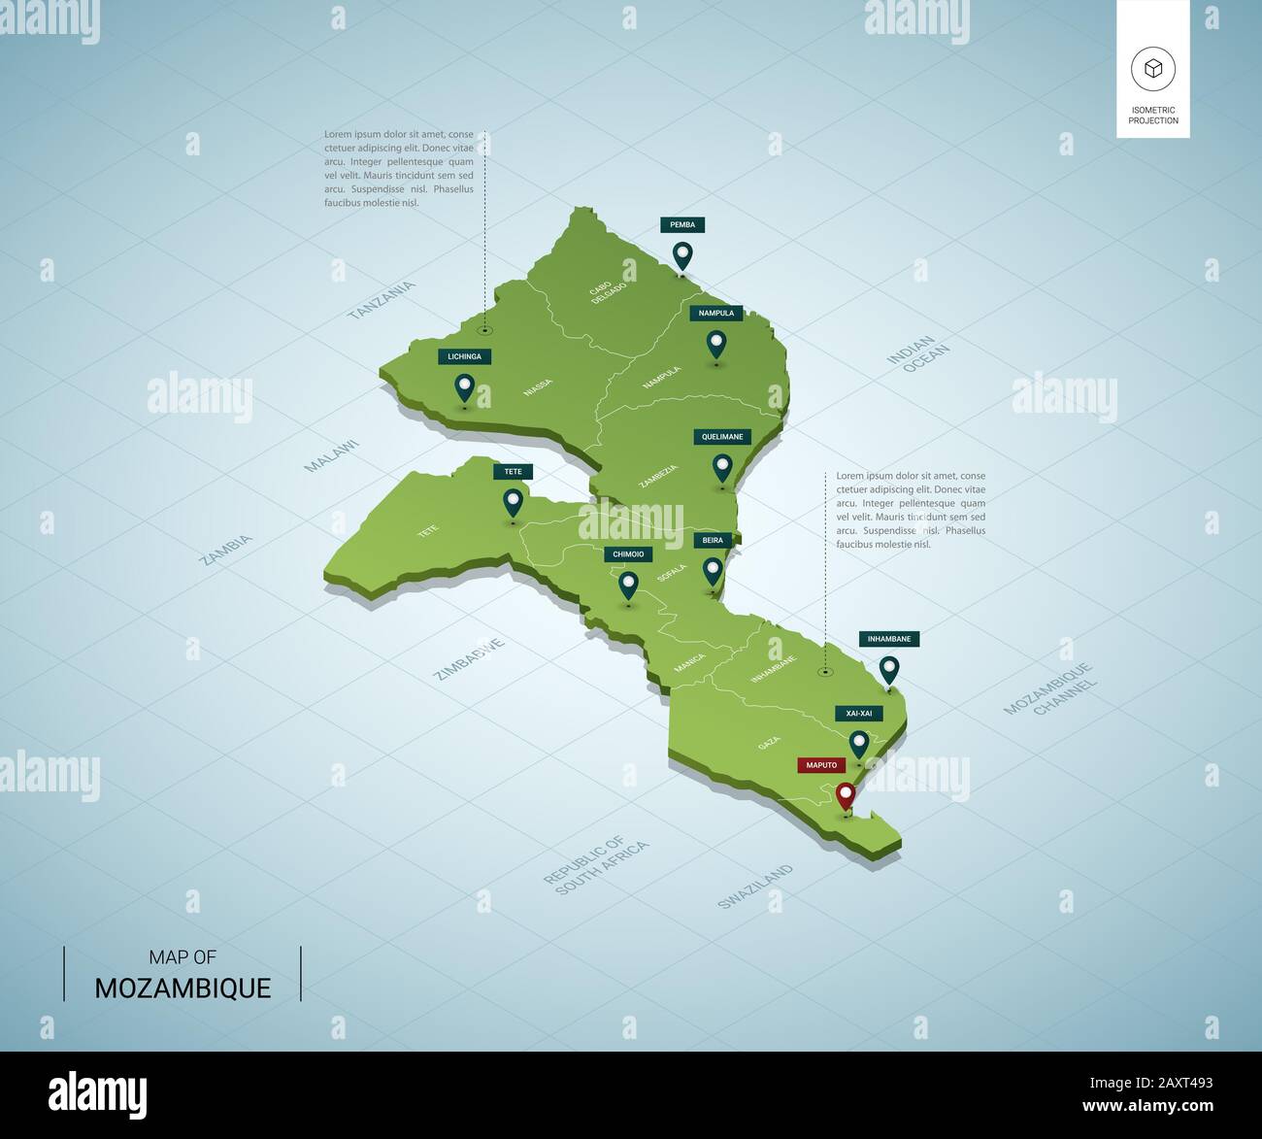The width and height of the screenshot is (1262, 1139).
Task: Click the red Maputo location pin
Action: (846, 796)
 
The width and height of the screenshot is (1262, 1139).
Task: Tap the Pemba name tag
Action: (682, 224)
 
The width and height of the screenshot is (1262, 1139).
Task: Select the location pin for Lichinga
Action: (465, 388)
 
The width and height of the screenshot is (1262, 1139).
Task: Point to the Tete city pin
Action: (513, 502)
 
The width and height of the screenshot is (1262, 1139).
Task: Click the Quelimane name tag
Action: (722, 437)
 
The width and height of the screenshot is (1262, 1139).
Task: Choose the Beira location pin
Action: (714, 570)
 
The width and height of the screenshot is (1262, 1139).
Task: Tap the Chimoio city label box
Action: (627, 554)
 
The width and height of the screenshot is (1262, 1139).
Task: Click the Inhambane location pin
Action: (888, 669)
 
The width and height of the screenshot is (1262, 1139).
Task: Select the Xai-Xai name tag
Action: (859, 713)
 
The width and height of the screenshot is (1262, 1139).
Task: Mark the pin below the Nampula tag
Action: (716, 344)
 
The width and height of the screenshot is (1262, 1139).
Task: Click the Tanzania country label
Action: (382, 300)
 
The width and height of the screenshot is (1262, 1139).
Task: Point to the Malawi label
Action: (331, 455)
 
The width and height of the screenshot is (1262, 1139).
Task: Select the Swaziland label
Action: (754, 887)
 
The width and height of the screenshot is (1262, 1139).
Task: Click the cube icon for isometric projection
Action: (1152, 69)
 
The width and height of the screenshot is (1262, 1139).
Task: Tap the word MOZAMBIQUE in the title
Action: (183, 988)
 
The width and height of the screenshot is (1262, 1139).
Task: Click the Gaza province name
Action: (769, 743)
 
